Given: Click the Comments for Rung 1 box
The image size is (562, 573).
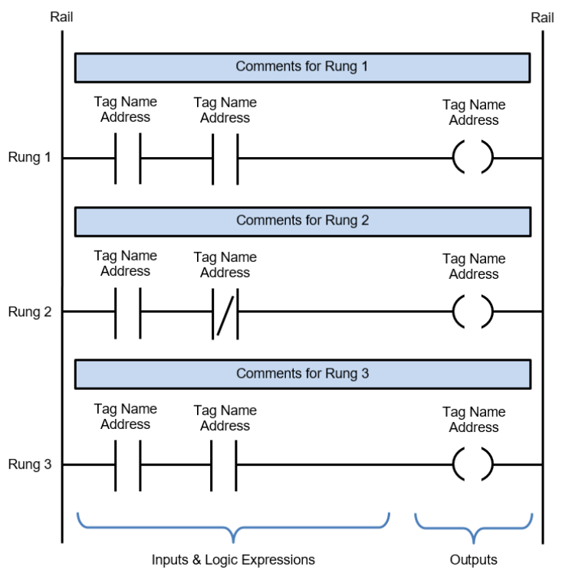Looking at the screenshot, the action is [x=302, y=67].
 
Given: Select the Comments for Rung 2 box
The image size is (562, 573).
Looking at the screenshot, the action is [x=302, y=222].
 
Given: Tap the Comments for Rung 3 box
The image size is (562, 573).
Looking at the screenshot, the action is [x=302, y=375].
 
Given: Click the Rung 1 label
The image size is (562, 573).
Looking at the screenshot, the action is [x=30, y=157].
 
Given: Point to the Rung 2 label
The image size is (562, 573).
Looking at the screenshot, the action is [x=30, y=312].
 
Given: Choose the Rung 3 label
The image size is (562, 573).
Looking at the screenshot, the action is [x=30, y=464].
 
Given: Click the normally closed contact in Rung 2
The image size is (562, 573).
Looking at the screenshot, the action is [x=225, y=313].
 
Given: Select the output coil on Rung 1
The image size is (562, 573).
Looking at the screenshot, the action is [x=473, y=157].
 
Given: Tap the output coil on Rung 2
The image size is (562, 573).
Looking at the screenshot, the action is [x=473, y=312].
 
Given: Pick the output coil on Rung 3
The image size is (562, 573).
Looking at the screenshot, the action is [x=473, y=464].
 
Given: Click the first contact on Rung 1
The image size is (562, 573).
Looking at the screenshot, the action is [x=128, y=159].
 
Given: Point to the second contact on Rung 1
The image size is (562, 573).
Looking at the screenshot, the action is [x=225, y=159].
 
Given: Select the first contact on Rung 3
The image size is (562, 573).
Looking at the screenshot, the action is [x=128, y=465].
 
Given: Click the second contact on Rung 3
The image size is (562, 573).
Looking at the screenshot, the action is [x=224, y=465].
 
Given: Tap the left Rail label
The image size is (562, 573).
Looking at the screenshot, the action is [x=61, y=17].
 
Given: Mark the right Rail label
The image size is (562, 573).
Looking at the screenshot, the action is [x=542, y=18].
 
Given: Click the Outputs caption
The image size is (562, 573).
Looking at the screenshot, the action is [x=474, y=559].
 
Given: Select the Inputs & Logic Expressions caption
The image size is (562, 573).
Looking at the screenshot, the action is [x=233, y=560].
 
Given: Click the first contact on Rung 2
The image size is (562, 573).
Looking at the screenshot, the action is [x=128, y=313].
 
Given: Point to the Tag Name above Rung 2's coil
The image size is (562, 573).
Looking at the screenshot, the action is [x=474, y=259].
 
